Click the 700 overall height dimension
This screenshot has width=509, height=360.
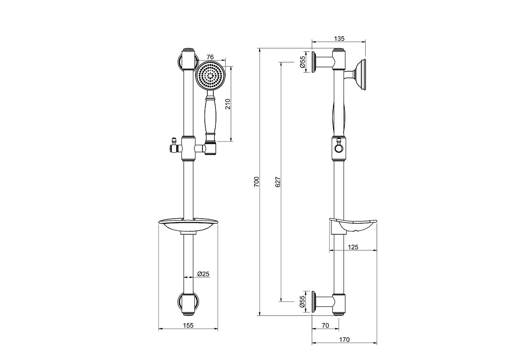(256, 182)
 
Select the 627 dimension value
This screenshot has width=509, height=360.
(278, 182)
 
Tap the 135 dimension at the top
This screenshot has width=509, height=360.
(339, 39)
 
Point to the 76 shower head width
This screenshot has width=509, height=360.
(210, 57)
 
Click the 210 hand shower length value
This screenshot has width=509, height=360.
(228, 104)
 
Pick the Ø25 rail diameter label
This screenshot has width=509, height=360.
(203, 274)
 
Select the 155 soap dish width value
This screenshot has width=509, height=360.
(188, 326)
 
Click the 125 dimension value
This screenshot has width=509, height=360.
(353, 247)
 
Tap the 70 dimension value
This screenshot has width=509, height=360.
(325, 326)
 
